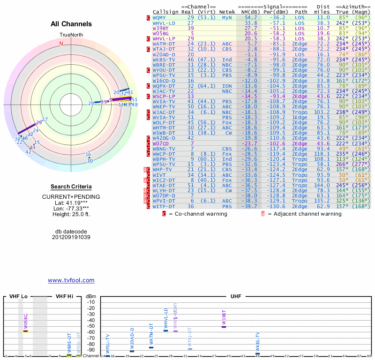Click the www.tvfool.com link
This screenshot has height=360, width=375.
coord(71,280)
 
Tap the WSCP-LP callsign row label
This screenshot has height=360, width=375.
coord(165,96)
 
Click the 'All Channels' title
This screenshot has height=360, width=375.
coord(71,24)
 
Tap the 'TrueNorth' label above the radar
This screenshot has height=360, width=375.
coord(71,35)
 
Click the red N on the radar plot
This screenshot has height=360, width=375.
coord(61,44)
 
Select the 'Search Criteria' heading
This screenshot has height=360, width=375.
coord(71,187)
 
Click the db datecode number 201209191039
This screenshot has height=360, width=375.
coord(71,237)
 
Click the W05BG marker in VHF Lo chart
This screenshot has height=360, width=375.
coord(26,330)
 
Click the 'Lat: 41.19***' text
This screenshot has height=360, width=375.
coord(71,202)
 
